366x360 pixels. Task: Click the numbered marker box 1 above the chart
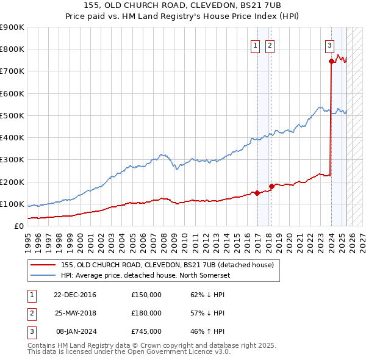tap(254, 45)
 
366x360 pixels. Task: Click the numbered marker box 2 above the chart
tap(269, 45)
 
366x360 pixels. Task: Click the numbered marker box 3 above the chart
tap(329, 45)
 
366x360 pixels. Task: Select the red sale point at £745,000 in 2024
tap(331, 61)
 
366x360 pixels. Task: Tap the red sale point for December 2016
tap(257, 193)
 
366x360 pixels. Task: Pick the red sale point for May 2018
tap(271, 186)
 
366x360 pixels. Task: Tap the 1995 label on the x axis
tap(28, 239)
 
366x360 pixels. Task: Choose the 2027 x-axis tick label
tap(361, 239)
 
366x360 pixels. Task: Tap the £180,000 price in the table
tap(146, 313)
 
